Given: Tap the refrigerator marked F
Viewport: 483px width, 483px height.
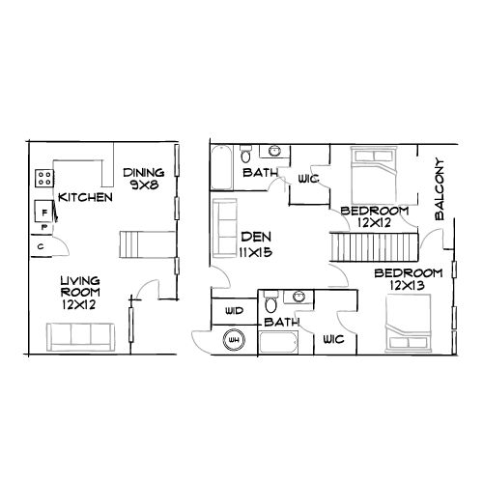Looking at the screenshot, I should pyautogui.click(x=43, y=208).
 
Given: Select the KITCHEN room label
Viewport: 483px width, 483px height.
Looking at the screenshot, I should pyautogui.click(x=86, y=197).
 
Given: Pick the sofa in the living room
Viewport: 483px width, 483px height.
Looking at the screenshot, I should pyautogui.click(x=82, y=335).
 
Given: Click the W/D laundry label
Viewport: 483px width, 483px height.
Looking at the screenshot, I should pyautogui.click(x=233, y=311).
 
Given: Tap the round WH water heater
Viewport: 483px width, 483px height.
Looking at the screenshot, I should pyautogui.click(x=233, y=340).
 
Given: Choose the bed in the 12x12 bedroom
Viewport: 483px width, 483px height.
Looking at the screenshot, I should pyautogui.click(x=370, y=178).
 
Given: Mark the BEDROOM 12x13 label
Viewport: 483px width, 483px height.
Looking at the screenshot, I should pyautogui.click(x=409, y=280).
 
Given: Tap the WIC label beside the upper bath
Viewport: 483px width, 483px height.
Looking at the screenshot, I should pyautogui.click(x=309, y=179).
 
